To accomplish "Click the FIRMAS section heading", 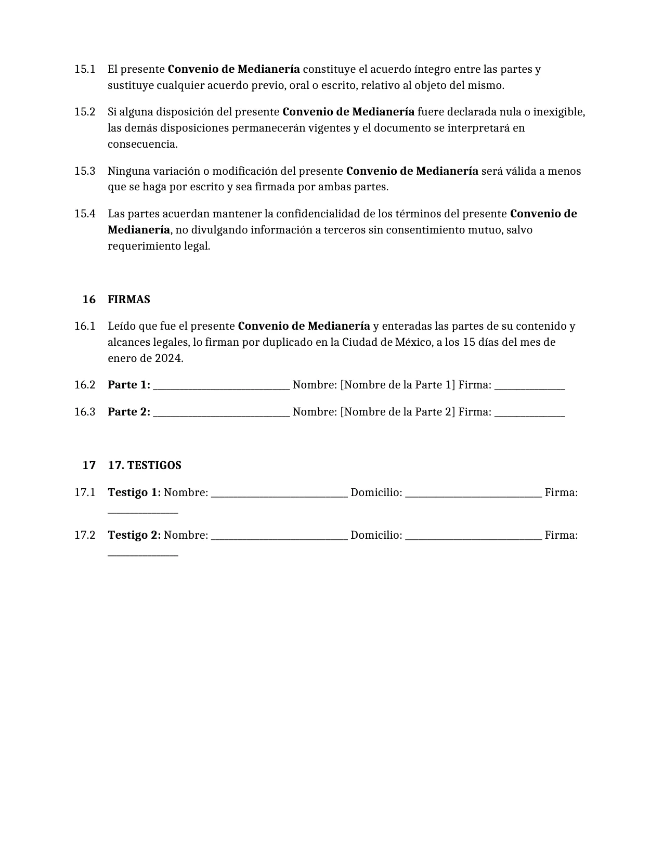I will pyautogui.click(x=128, y=300).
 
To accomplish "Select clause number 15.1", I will pyautogui.click(x=85, y=69).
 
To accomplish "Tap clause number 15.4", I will pyautogui.click(x=85, y=214).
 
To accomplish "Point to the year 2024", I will pyautogui.click(x=168, y=358).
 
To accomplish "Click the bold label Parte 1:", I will pyautogui.click(x=129, y=385).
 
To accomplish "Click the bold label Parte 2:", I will pyautogui.click(x=129, y=412).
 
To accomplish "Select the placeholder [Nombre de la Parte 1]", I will pyautogui.click(x=397, y=385).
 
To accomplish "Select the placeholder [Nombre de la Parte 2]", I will pyautogui.click(x=397, y=412).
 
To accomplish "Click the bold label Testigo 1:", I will pyautogui.click(x=134, y=492).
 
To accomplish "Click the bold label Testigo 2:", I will pyautogui.click(x=134, y=535).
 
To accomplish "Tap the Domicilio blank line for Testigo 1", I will pyautogui.click(x=473, y=495).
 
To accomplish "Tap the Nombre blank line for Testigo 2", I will pyautogui.click(x=279, y=538).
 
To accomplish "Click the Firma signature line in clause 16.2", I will pyautogui.click(x=529, y=387).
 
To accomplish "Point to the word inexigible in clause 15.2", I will pyautogui.click(x=558, y=112).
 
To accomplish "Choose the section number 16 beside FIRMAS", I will pyautogui.click(x=89, y=300).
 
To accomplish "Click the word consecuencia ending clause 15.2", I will pyautogui.click(x=141, y=144).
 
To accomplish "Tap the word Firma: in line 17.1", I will pyautogui.click(x=561, y=492).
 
